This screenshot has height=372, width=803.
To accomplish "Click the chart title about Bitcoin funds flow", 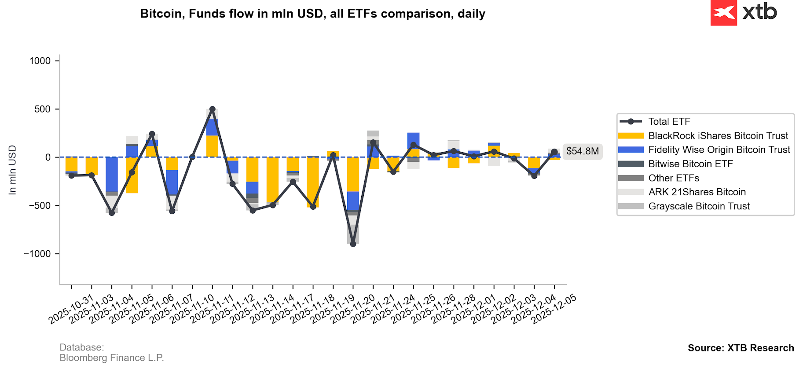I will tap(312, 14).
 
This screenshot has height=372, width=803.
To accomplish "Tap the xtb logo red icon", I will tap(723, 13).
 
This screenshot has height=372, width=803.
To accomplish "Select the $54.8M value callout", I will tap(582, 151).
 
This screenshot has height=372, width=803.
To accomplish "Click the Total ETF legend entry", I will tap(669, 122).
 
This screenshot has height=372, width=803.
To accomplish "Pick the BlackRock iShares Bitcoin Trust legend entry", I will tap(718, 136).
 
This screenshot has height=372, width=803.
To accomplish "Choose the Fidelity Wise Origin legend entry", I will tap(719, 150).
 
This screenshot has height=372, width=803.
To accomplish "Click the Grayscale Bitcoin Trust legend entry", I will tap(699, 206).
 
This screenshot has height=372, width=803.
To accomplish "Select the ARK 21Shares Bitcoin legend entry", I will tap(697, 192).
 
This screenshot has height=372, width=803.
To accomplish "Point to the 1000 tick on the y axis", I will tap(40, 61).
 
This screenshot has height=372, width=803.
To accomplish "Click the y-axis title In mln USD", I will tap(12, 170).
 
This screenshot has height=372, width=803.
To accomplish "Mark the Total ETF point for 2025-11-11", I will tap(213, 109).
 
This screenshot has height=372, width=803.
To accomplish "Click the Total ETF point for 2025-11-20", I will tap(353, 244).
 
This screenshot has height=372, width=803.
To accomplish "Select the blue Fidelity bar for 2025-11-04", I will tap(112, 174).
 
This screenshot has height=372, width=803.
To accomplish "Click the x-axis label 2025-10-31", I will tap(71, 310).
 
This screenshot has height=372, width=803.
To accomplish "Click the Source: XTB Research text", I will tap(741, 348).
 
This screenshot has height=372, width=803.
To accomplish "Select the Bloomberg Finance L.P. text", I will tap(112, 358).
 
